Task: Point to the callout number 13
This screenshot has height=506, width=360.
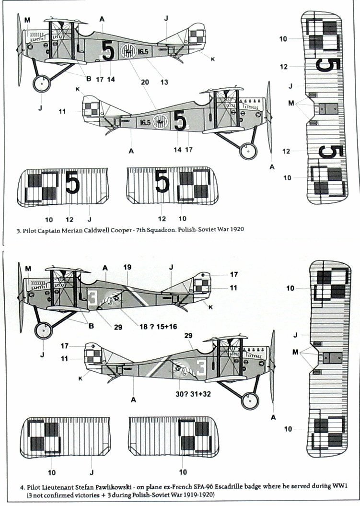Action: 164,82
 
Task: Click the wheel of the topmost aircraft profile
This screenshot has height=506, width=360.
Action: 42,85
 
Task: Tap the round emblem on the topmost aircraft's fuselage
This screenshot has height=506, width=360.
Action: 128,51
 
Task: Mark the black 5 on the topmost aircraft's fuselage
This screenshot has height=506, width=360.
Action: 108,50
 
